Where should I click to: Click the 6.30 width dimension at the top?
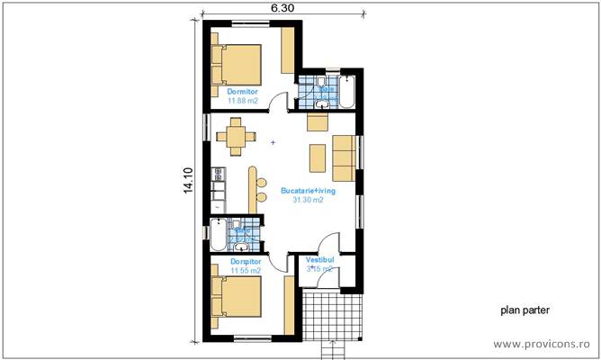pyautogui.click(x=282, y=7)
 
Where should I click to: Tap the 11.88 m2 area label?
pyautogui.click(x=243, y=101)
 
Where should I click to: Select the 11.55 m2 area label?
pyautogui.click(x=245, y=270)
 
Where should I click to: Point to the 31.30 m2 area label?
pyautogui.click(x=308, y=200)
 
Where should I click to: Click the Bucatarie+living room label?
pyautogui.click(x=308, y=190)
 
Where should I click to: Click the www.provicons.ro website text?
pyautogui.click(x=543, y=344)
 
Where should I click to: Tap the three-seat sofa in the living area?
pyautogui.click(x=344, y=157)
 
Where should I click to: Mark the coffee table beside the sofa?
pyautogui.click(x=317, y=157)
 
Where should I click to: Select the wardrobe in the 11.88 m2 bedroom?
pyautogui.click(x=288, y=50)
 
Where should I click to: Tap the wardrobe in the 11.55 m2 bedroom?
pyautogui.click(x=289, y=304)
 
